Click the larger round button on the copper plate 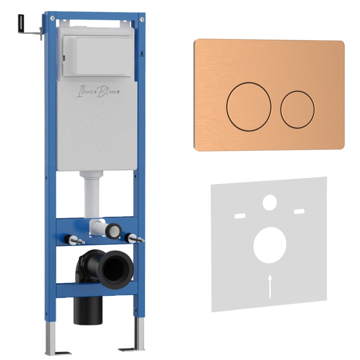coord(249,107)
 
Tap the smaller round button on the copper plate coord(297,110)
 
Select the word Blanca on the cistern coord(108,92)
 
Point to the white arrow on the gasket coord(270,286)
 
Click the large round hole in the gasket coord(270,245)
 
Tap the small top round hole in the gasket coord(270,202)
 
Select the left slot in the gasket coord(240,216)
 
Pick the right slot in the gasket coord(300,211)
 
